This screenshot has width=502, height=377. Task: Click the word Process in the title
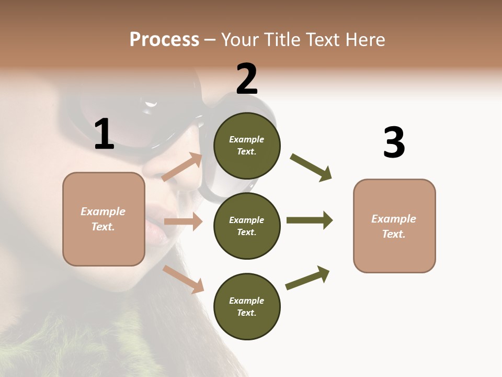click(x=164, y=39)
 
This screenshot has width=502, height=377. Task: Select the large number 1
click(x=104, y=134)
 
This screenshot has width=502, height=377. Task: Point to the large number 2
click(x=247, y=79)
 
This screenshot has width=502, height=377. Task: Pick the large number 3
click(x=394, y=142)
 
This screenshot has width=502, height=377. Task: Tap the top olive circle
click(x=247, y=146)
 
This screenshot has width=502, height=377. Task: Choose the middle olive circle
click(x=247, y=226)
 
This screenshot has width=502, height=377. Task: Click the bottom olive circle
click(x=247, y=306)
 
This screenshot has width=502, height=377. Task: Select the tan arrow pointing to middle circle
click(x=183, y=221)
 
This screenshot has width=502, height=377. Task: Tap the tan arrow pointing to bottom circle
click(x=183, y=279)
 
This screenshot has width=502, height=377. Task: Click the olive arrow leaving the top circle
click(x=311, y=167)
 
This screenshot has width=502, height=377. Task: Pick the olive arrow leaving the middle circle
click(x=309, y=220)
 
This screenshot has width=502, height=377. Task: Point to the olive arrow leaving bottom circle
click(x=307, y=278)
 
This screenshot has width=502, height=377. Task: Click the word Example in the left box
click(x=103, y=212)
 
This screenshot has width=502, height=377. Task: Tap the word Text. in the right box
click(x=394, y=234)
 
